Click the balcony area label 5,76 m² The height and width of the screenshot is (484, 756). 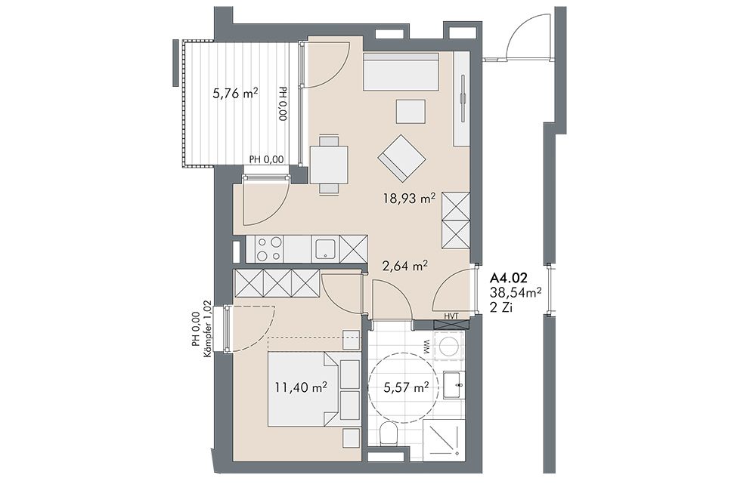coord(235,93)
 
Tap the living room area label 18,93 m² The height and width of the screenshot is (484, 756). coord(410,197)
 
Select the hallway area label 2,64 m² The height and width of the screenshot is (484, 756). coord(405,265)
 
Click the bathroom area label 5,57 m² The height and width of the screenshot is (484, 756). coord(405,387)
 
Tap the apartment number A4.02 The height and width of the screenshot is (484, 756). coord(508,277)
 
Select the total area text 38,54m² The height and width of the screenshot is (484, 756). coord(515,291)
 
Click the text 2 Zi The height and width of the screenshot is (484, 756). coord(501,307)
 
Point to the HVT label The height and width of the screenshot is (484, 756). coord(451,316)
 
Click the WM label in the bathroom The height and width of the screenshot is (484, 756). coord(427,348)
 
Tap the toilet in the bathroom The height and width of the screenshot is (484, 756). coord(387,433)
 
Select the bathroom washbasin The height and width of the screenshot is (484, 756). coord(454,385)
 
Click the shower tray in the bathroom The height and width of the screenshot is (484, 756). coord(444,438)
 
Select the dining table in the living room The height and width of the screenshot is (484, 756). coord(330,164)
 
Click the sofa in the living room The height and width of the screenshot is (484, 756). coord(401,72)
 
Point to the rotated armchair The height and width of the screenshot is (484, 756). coord(402,159)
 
